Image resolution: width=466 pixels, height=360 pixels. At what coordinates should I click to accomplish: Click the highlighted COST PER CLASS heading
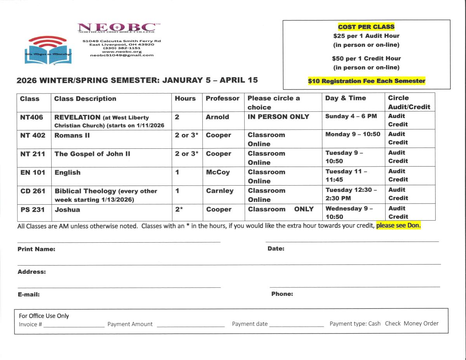(366, 27)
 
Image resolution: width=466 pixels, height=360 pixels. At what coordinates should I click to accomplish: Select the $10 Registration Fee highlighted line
(367, 81)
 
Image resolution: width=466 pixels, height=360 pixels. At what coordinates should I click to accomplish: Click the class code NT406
(31, 117)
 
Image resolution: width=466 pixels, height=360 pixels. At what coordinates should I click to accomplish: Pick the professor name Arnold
(217, 117)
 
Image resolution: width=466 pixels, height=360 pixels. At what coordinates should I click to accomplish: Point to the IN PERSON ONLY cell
(278, 117)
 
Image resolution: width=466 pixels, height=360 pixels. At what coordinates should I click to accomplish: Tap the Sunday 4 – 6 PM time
(351, 116)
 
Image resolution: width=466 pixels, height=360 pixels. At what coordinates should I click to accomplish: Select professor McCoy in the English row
(218, 172)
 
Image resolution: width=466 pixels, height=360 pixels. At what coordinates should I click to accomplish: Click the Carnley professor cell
(220, 191)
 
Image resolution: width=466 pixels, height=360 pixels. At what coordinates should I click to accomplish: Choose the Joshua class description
(67, 209)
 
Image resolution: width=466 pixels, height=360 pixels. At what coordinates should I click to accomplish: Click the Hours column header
(185, 99)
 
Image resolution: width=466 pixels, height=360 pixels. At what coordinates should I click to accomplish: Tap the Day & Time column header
(346, 98)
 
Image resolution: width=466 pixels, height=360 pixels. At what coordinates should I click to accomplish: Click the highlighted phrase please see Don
(398, 226)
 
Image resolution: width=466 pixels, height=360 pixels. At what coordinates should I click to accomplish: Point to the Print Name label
(37, 249)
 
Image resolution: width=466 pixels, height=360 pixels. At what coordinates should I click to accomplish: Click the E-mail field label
(29, 294)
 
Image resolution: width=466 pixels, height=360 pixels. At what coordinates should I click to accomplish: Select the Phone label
(282, 294)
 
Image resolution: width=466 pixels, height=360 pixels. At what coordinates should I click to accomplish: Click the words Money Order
(421, 323)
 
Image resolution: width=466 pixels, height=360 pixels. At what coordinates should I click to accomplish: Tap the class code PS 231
(33, 209)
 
